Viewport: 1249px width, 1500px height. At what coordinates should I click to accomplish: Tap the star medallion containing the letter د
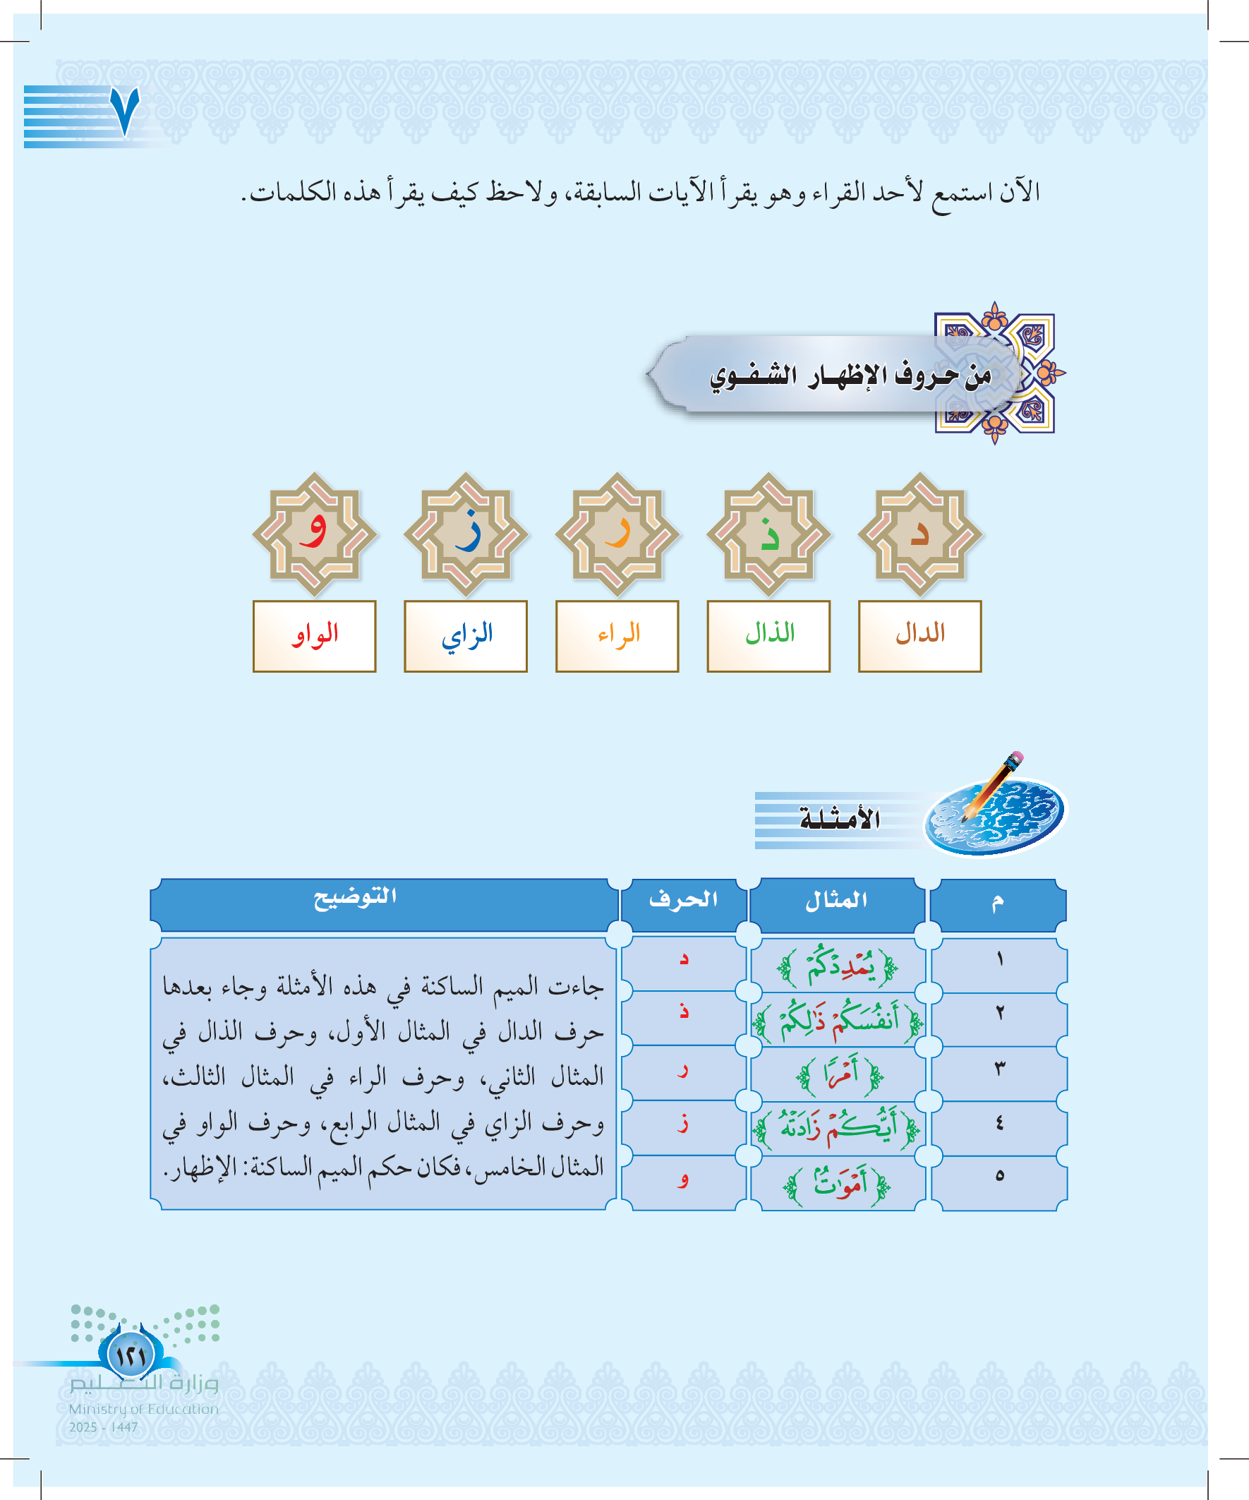[919, 534]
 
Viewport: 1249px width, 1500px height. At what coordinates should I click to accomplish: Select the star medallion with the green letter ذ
[768, 534]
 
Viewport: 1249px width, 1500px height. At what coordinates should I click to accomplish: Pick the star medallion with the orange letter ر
[617, 534]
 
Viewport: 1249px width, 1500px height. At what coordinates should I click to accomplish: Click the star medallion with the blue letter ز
[466, 534]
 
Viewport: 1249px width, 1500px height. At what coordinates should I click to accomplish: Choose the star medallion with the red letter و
[314, 534]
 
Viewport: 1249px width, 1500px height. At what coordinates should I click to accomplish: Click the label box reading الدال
[919, 636]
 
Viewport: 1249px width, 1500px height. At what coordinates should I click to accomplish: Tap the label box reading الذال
[768, 636]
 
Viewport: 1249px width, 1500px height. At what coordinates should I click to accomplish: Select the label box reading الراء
[617, 636]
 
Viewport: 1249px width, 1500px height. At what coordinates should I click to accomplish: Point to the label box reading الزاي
[466, 636]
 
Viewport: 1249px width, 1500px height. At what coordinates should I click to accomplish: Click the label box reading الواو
[314, 636]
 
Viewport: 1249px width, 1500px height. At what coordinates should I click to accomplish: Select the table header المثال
[837, 901]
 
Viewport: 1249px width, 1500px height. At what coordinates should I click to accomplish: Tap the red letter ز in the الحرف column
[683, 1125]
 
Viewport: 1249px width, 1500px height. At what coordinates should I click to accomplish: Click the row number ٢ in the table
[999, 1013]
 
